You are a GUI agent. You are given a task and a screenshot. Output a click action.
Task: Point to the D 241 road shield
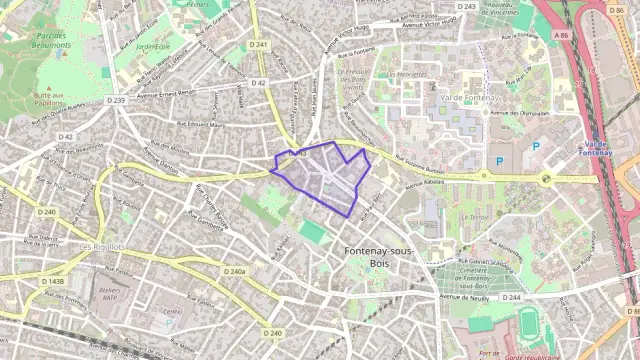click(261, 45)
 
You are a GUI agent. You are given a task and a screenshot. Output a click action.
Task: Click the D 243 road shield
click(467, 7)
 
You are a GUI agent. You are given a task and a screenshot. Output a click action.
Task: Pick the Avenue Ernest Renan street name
click(162, 94)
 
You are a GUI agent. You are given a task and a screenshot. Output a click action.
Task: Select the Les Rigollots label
click(102, 246)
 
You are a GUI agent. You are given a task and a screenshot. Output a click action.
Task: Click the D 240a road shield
click(235, 271)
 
